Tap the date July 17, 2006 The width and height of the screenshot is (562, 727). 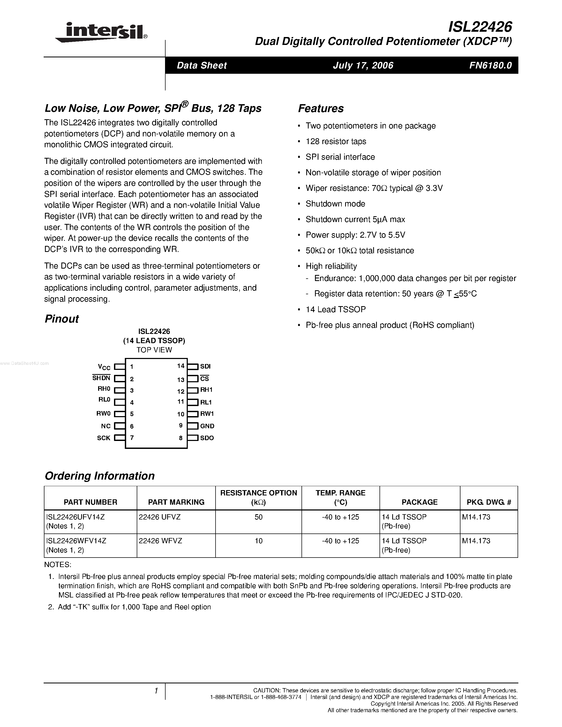[363, 65]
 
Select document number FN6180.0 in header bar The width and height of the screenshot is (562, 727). [490, 65]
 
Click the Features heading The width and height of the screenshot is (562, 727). [321, 108]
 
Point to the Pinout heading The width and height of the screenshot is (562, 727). [62, 319]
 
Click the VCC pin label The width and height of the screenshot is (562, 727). [104, 367]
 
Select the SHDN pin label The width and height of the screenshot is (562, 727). [101, 378]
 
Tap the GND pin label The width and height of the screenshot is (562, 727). [207, 426]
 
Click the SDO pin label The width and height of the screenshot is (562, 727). [207, 438]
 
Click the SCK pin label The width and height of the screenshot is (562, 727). [104, 438]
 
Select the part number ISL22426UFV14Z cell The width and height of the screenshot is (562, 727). [76, 517]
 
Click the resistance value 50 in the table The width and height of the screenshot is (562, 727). [258, 517]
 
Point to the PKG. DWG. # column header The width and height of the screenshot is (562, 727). [489, 502]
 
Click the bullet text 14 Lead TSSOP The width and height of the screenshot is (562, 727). [335, 310]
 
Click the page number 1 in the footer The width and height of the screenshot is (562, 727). [156, 691]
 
